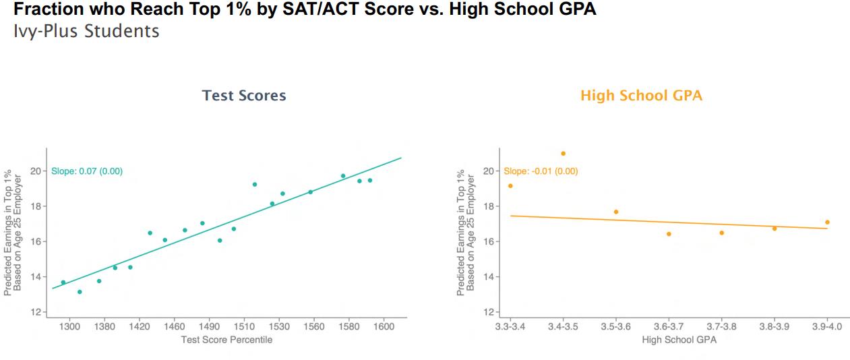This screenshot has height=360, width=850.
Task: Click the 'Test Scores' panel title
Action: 244,96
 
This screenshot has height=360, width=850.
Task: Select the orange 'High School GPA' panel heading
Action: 641,96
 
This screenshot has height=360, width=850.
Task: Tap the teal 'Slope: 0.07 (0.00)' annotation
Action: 87,171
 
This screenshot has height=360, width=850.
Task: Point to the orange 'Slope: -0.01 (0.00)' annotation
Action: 541,171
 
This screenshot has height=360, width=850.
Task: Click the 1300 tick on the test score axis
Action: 69,326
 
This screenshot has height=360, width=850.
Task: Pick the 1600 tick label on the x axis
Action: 384,326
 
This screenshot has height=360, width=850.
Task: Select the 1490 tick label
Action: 209,326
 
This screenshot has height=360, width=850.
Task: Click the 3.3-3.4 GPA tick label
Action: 510,326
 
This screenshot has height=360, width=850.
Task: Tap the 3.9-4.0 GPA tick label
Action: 826,326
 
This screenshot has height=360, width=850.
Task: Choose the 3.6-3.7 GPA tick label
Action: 669,326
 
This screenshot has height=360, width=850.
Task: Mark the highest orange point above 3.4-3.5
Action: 564,154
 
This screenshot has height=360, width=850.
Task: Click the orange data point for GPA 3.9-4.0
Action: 827,222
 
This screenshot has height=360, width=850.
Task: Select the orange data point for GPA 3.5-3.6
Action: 616,212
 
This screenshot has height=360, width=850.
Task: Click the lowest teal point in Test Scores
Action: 80,292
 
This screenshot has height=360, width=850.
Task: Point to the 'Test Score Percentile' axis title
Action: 226,340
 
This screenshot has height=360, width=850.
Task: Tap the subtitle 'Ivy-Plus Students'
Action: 86,31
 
